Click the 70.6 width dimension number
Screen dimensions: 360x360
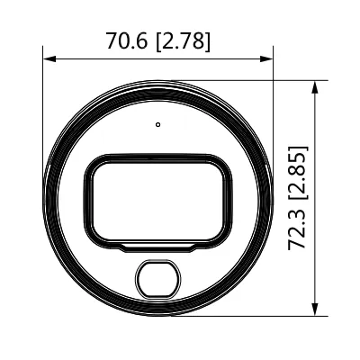127,40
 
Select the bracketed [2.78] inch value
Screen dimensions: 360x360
184,40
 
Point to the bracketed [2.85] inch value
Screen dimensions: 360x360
298,172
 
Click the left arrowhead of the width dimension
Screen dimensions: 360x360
49,58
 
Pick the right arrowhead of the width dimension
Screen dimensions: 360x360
266,58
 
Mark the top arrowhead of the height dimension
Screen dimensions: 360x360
315,87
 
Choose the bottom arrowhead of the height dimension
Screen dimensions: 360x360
315,310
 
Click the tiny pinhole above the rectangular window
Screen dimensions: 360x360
158,124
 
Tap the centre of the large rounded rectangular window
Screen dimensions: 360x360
158,200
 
